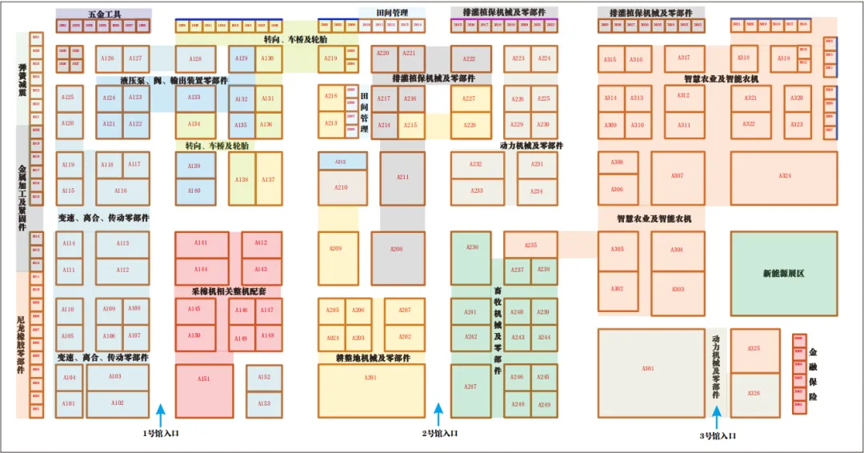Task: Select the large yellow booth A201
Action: click(370, 390)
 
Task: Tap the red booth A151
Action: click(204, 391)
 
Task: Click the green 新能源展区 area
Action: click(783, 274)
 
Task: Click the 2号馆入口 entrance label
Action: click(439, 434)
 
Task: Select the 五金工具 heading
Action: click(103, 14)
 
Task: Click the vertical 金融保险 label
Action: click(813, 374)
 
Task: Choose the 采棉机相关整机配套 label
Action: click(228, 291)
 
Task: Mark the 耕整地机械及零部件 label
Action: click(374, 359)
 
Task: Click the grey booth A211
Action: click(402, 178)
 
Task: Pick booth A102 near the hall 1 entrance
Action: click(118, 403)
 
